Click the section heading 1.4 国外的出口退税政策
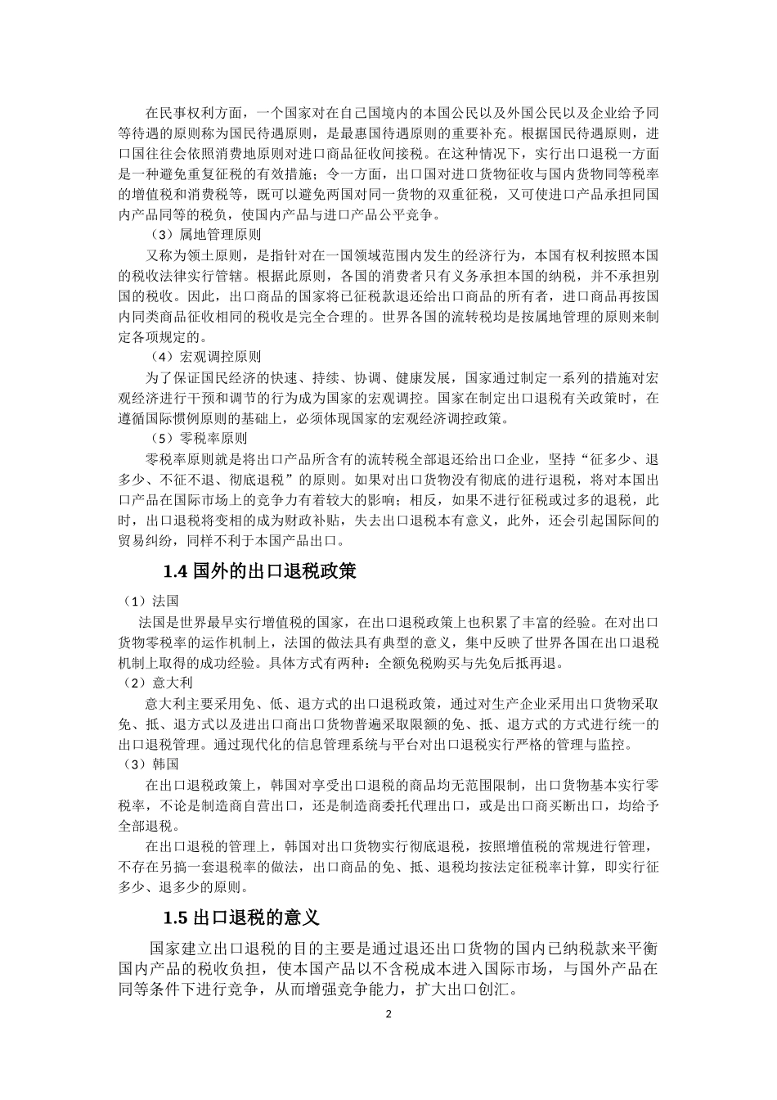259,570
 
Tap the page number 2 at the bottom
388,1015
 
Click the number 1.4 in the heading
177,571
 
